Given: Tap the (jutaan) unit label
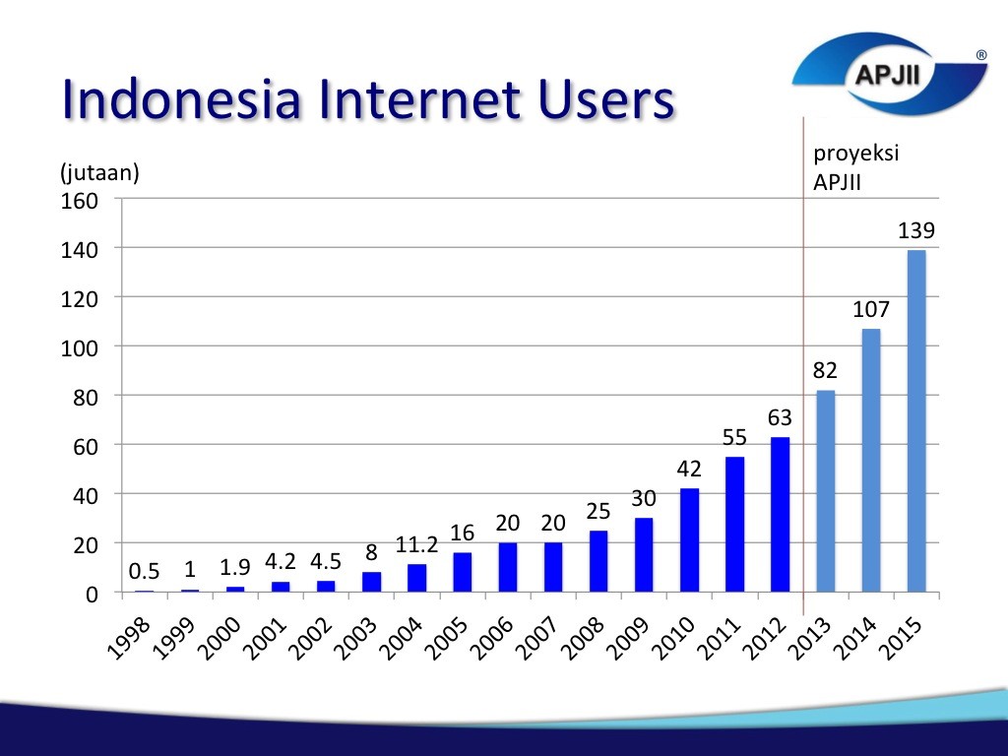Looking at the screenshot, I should [x=99, y=172].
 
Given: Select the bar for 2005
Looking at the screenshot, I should [x=463, y=572].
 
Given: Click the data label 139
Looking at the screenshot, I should [x=915, y=231].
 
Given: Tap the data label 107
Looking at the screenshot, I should [x=870, y=310].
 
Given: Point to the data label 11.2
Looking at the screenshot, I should [x=416, y=544].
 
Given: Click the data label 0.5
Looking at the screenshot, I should [x=145, y=572].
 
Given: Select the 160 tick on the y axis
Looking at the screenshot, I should [x=81, y=201].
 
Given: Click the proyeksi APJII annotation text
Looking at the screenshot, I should [x=855, y=167].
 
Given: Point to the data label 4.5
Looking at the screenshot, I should [x=326, y=561].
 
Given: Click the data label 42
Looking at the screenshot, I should [x=689, y=470].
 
